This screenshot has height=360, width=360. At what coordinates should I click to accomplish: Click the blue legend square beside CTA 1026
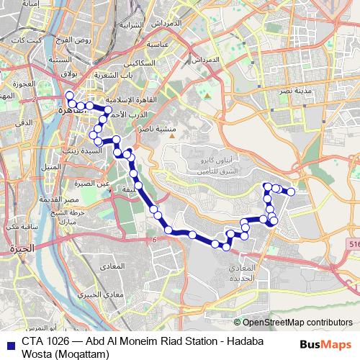pos(10,343)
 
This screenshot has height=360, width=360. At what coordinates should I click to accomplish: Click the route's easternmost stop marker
pos(292,192)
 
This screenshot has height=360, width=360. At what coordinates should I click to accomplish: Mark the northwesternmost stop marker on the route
pos(69,96)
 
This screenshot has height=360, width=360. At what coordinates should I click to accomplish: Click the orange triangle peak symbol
pos(205,94)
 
